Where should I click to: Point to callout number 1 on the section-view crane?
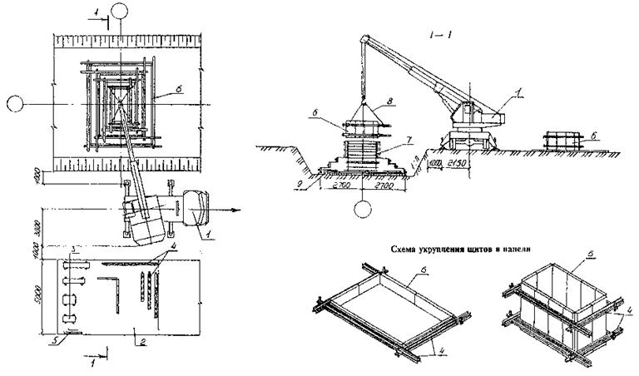pyautogui.click(x=522, y=96)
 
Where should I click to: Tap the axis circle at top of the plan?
pyautogui.click(x=121, y=12)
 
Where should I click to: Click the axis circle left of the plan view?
pyautogui.click(x=14, y=104)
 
